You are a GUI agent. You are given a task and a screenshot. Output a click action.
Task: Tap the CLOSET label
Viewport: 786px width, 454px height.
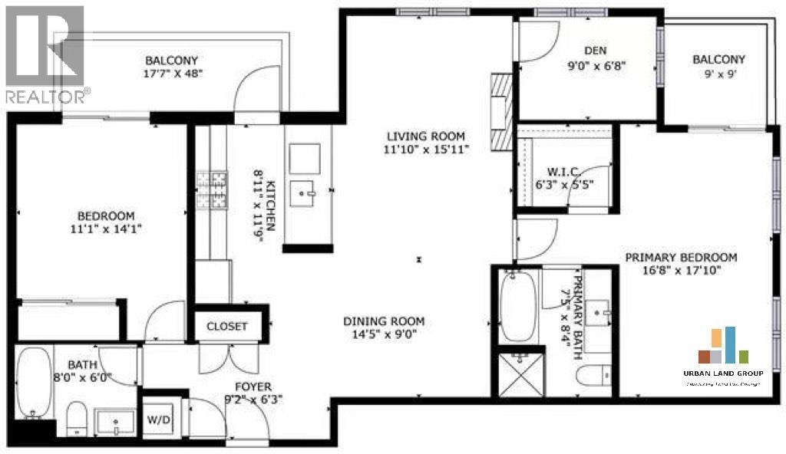(227, 326)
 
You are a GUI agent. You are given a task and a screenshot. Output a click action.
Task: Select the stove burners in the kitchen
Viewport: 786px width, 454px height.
(211, 190)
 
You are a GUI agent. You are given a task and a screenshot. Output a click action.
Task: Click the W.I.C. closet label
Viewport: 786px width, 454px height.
(564, 170)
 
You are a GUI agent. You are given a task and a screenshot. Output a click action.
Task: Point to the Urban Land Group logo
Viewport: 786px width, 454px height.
(722, 357)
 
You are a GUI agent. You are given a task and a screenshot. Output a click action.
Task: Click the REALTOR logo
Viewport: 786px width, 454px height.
(45, 54)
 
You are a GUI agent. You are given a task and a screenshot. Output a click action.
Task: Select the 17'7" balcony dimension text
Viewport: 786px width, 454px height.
(172, 74)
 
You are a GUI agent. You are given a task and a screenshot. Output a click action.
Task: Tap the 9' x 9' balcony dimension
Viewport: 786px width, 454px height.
(718, 74)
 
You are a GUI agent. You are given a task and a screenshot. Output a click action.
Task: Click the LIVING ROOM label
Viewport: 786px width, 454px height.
(426, 136)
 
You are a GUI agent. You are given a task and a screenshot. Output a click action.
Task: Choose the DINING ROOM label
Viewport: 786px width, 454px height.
(383, 321)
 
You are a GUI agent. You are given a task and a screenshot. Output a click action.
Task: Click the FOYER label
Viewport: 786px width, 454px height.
(253, 387)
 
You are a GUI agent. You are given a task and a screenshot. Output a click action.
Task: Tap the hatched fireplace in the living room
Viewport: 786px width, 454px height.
(501, 111)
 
